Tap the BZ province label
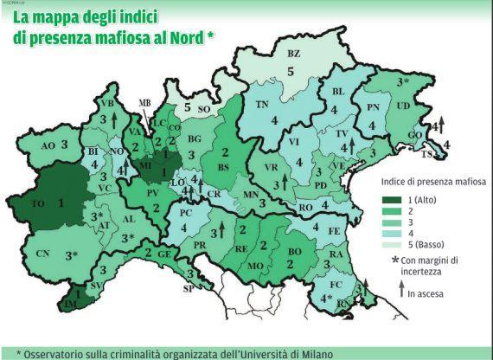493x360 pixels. click(293, 54)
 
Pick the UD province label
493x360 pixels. click(403, 104)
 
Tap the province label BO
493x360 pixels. click(293, 251)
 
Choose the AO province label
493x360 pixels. click(48, 145)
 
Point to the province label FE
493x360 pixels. click(333, 231)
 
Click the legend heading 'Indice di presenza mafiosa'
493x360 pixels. click(433, 183)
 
